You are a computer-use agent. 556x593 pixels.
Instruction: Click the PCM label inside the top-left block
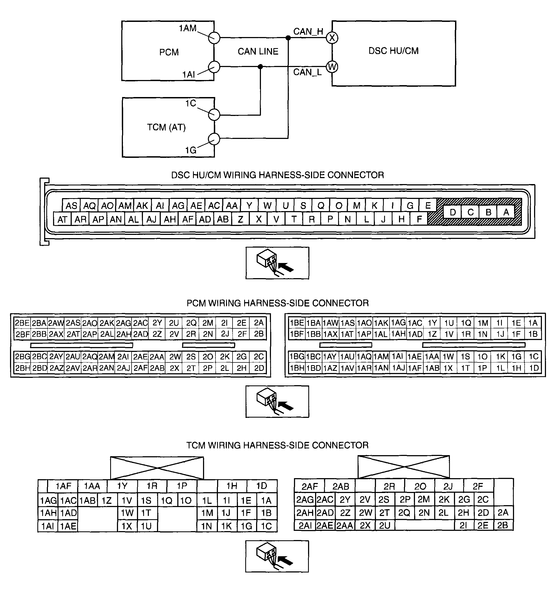(x=169, y=52)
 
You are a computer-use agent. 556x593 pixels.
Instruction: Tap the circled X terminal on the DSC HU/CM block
(x=332, y=38)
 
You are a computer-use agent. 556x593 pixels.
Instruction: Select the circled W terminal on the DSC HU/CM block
(x=332, y=66)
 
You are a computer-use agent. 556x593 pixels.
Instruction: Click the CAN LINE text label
(x=258, y=51)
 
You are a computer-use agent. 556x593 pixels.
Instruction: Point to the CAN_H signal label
(x=308, y=31)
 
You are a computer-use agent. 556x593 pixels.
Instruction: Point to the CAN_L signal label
(x=308, y=72)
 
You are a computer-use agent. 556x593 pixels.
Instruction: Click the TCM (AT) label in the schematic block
(x=166, y=127)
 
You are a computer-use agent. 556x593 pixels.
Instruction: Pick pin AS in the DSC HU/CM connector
(x=71, y=205)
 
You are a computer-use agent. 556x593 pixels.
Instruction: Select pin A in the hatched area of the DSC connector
(x=506, y=212)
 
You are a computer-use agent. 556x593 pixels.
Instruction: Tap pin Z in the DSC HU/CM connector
(x=240, y=219)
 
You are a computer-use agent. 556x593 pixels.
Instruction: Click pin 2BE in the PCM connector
(x=22, y=323)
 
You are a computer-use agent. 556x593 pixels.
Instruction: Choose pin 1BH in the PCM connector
(x=297, y=368)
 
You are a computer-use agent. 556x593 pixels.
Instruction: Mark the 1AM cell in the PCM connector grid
(x=381, y=357)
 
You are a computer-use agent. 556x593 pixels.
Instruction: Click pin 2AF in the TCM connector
(x=309, y=487)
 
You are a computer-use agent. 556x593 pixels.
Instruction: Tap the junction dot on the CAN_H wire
(x=288, y=38)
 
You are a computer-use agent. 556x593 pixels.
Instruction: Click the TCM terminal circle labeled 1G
(x=214, y=139)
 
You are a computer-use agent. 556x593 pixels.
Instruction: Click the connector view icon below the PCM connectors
(x=277, y=401)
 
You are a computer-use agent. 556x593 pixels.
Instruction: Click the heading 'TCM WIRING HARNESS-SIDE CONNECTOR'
(x=277, y=445)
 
